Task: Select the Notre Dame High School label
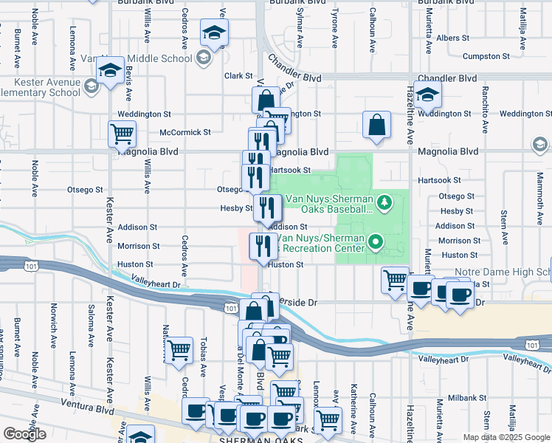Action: click(509, 272)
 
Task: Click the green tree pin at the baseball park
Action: click(383, 202)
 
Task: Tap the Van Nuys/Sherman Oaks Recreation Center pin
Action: click(376, 241)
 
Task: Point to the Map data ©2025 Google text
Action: click(506, 437)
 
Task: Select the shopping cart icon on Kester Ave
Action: click(122, 134)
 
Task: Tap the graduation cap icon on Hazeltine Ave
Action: click(427, 94)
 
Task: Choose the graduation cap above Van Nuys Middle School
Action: click(214, 32)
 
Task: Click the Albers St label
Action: click(452, 38)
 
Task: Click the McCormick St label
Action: click(185, 132)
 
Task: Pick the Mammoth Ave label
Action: click(540, 190)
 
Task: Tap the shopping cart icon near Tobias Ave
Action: click(178, 351)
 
